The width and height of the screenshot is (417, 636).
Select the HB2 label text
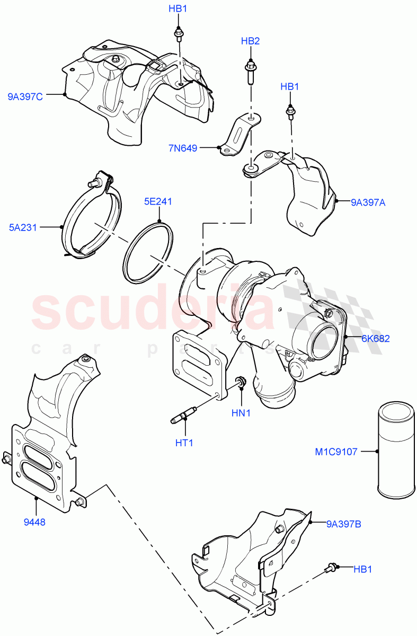(x=250, y=41)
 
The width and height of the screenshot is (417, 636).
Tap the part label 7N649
(x=183, y=148)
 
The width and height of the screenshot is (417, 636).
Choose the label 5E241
(x=158, y=201)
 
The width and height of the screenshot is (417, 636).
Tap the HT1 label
(x=184, y=443)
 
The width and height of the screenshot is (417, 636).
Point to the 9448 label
(x=35, y=522)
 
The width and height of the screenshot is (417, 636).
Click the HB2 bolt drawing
(x=250, y=72)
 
